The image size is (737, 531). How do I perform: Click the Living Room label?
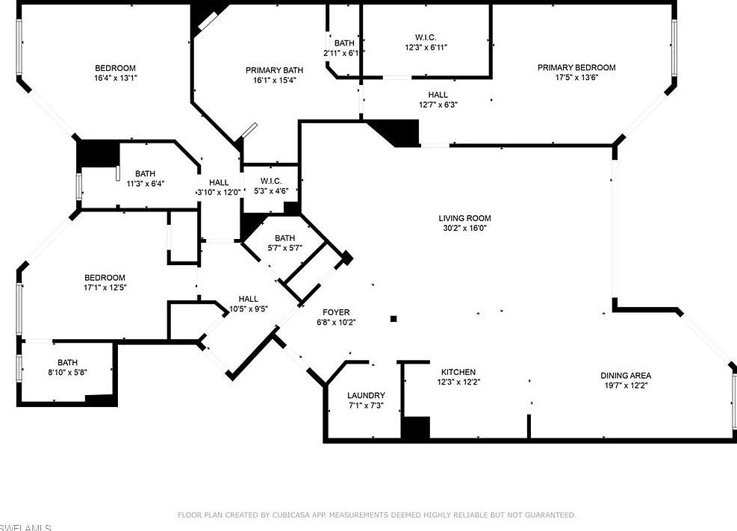click(464, 218)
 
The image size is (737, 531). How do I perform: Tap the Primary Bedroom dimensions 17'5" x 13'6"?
click(567, 77)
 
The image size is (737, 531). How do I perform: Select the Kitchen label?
click(458, 372)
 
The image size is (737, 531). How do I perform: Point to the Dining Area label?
click(626, 376)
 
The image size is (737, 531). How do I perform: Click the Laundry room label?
click(366, 395)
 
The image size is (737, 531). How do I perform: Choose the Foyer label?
click(336, 312)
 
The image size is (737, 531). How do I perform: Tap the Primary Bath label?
click(270, 70)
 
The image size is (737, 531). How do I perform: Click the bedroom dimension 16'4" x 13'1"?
click(115, 78)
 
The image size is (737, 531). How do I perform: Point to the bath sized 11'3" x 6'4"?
click(145, 183)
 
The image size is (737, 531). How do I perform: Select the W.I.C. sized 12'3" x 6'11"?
click(426, 47)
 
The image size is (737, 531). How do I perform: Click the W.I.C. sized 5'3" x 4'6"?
click(270, 190)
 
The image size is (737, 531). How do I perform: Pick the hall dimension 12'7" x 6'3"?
click(438, 105)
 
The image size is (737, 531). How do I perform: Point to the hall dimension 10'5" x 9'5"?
click(248, 308)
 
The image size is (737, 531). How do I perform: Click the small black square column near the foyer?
click(394, 320)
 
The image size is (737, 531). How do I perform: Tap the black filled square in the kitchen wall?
click(416, 428)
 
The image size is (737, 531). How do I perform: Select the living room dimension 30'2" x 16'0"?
click(464, 229)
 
